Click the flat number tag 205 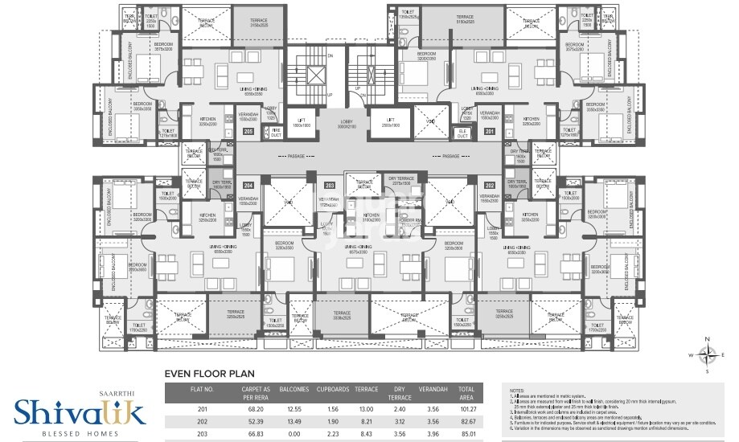[248, 131]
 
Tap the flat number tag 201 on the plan [488, 131]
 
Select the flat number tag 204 [248, 184]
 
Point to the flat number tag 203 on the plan [329, 184]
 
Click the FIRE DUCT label [275, 131]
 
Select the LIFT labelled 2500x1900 [392, 125]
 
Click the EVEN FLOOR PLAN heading [209, 373]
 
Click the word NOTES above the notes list [516, 387]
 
